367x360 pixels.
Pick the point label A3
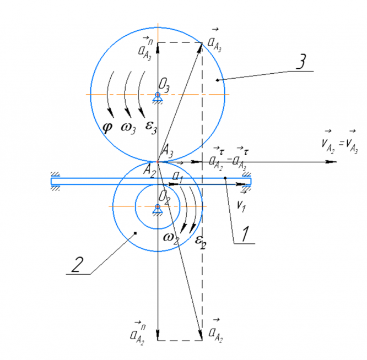coord(166,149)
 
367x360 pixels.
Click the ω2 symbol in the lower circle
coord(171,237)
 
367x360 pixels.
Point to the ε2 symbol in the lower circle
coord(201,240)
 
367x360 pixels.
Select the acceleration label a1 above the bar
coord(177,176)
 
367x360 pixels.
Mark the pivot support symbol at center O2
coord(158,208)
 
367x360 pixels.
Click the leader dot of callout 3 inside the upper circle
coord(218,80)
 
